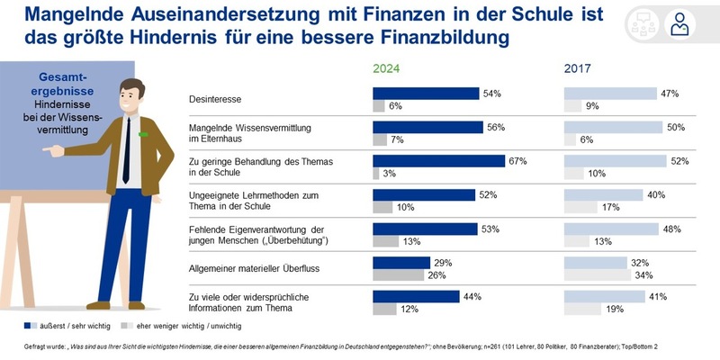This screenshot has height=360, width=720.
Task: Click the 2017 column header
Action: point(579,67)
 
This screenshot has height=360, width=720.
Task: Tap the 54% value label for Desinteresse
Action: point(491,94)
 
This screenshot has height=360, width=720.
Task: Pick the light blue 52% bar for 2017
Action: point(614,161)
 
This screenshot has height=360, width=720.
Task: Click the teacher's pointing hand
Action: point(56,151)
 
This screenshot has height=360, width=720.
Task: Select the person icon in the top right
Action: point(682,25)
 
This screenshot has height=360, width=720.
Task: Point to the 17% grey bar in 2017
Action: point(580,208)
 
